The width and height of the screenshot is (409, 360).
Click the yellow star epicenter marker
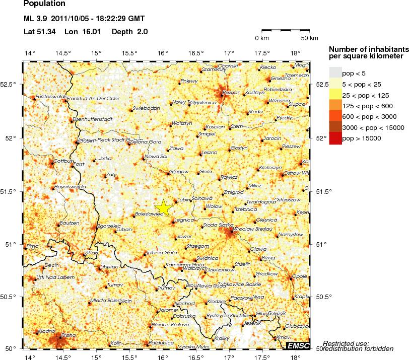coord(164,207)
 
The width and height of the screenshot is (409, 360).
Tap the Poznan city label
coord(231,93)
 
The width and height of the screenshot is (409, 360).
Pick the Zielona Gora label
coord(145,142)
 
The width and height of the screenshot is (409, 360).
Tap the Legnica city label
coord(184,220)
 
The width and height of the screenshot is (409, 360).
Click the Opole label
coord(300,276)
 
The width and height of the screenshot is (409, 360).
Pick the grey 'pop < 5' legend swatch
coord(335,73)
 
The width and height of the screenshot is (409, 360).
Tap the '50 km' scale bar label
coord(309,38)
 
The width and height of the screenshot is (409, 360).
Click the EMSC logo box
coord(298,345)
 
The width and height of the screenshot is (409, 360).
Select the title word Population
coord(44,4)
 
